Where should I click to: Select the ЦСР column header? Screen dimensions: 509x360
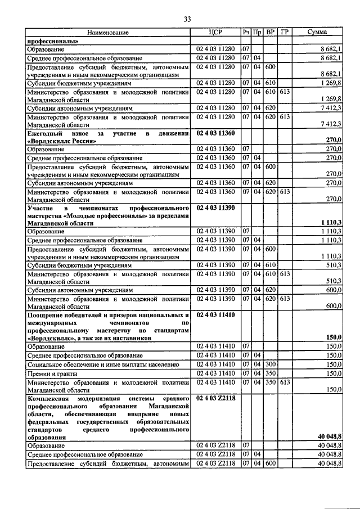(x=216, y=33)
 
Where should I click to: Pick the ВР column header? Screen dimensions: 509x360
(x=271, y=33)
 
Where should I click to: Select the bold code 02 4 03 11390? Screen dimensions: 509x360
(x=216, y=208)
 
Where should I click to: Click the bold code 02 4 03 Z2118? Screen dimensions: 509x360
(x=216, y=398)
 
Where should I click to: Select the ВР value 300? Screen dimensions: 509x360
(x=271, y=364)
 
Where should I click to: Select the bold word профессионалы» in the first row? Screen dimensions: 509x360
(x=53, y=41)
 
